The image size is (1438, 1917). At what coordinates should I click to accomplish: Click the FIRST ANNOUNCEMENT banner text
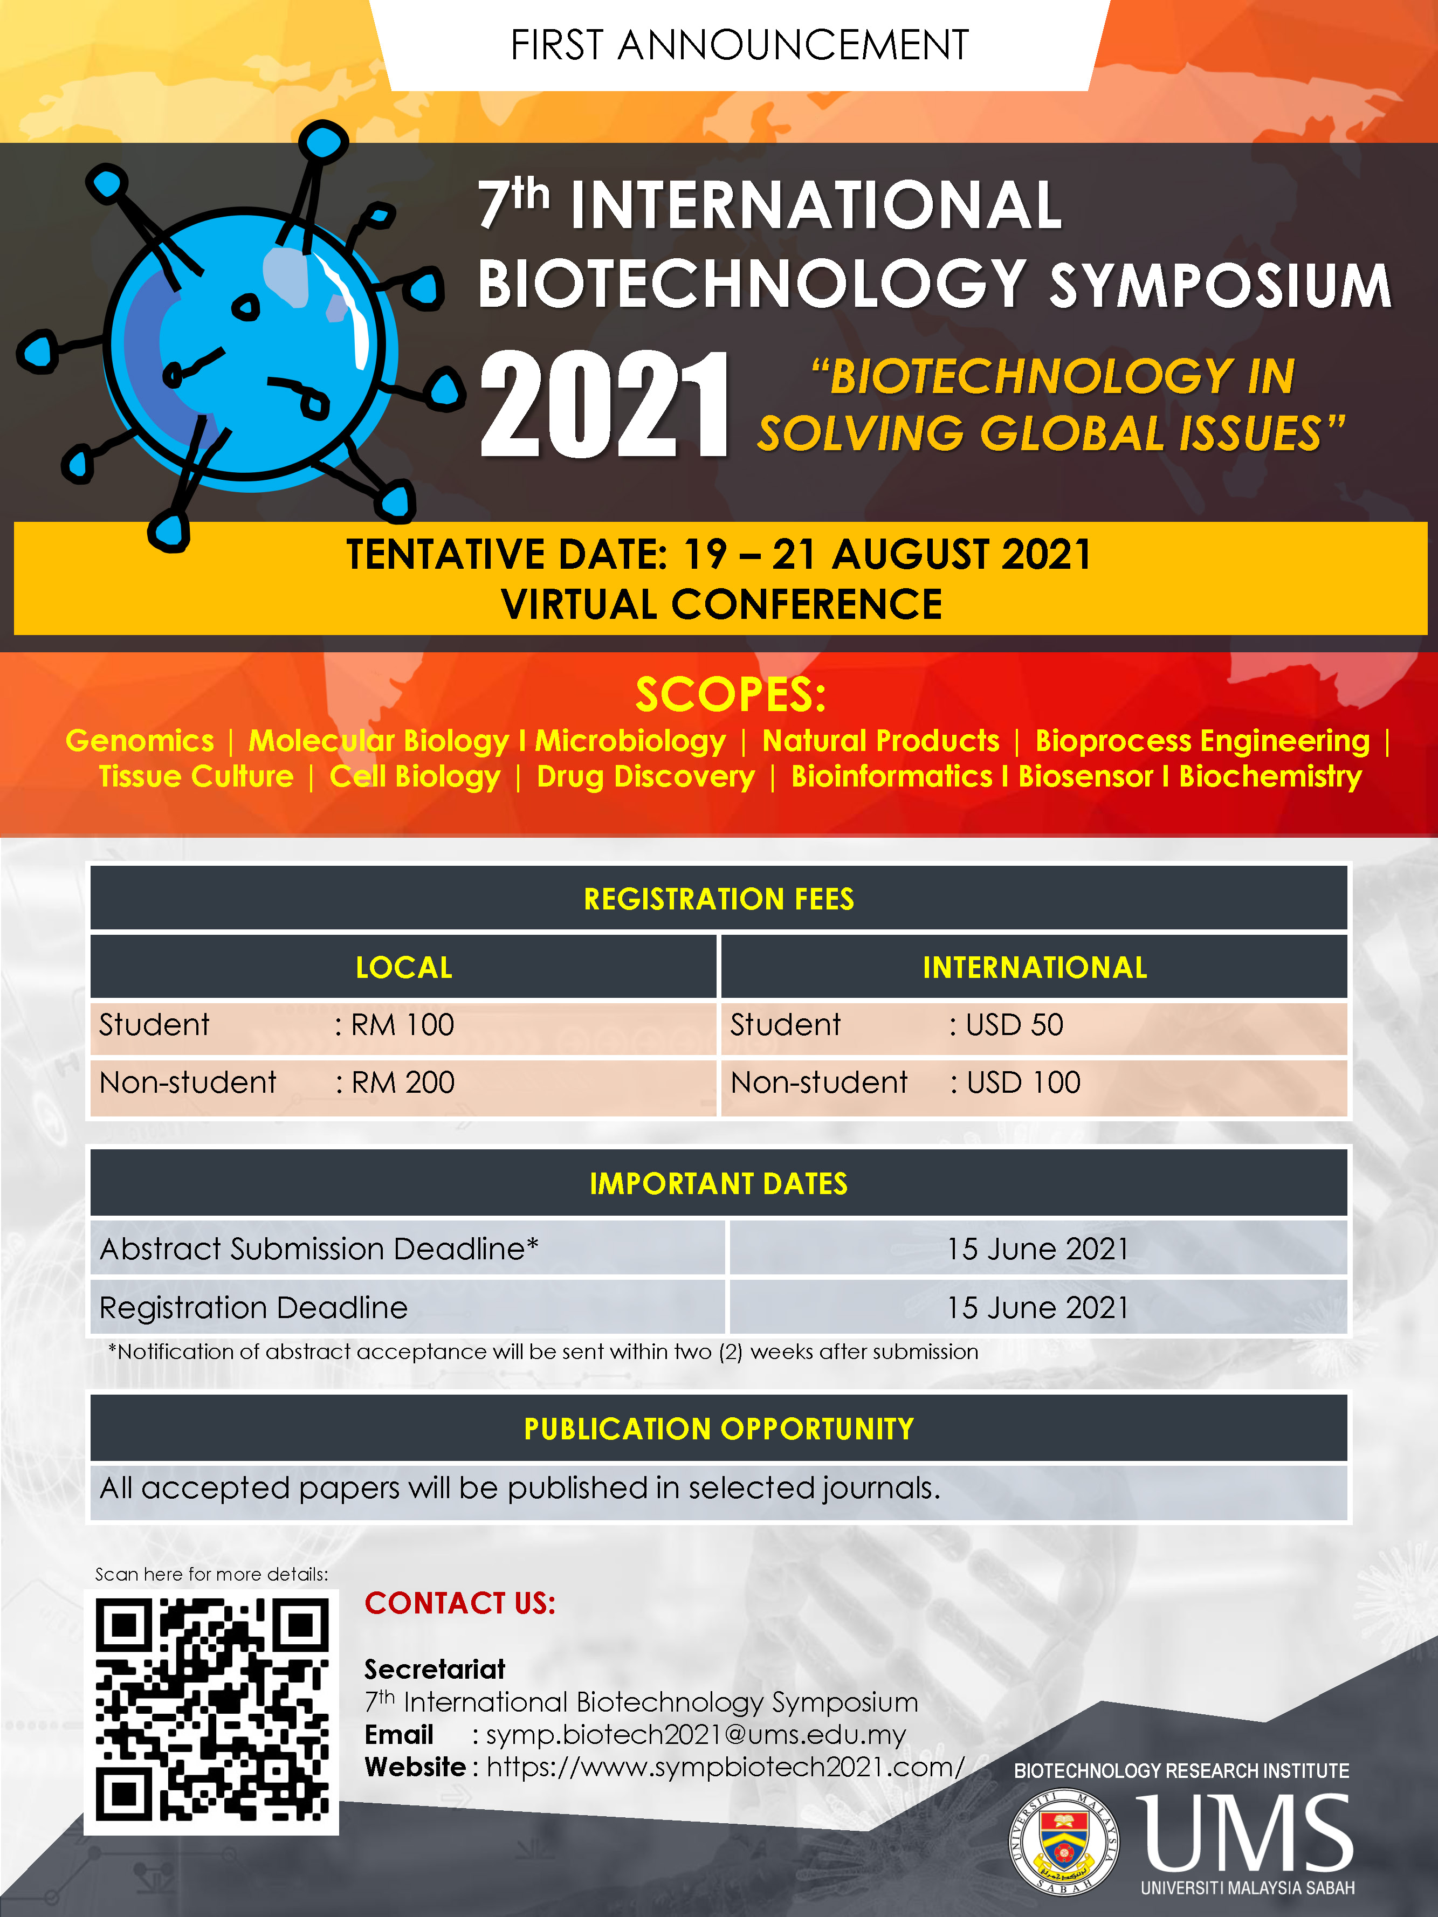(739, 45)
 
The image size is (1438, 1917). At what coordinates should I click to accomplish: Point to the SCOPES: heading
(731, 694)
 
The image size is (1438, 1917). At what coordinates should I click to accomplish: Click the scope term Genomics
(140, 740)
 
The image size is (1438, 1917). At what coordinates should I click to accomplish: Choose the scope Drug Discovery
(646, 776)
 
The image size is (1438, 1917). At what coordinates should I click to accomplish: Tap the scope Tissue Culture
(196, 776)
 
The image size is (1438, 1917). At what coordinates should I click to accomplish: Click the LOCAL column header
(404, 967)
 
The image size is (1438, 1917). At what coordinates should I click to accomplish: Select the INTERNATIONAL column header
(1035, 967)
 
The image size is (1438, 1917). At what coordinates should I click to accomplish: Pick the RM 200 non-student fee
(403, 1082)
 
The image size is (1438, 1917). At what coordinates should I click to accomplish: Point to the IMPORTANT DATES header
(719, 1184)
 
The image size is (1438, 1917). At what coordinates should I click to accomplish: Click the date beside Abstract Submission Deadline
(1037, 1249)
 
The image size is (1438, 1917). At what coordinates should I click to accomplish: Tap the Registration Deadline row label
(253, 1308)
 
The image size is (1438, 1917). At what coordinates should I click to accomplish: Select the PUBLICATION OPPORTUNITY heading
(719, 1429)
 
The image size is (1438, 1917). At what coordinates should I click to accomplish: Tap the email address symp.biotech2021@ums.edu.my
(696, 1735)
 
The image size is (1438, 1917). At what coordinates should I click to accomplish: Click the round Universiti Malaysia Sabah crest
(1064, 1843)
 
